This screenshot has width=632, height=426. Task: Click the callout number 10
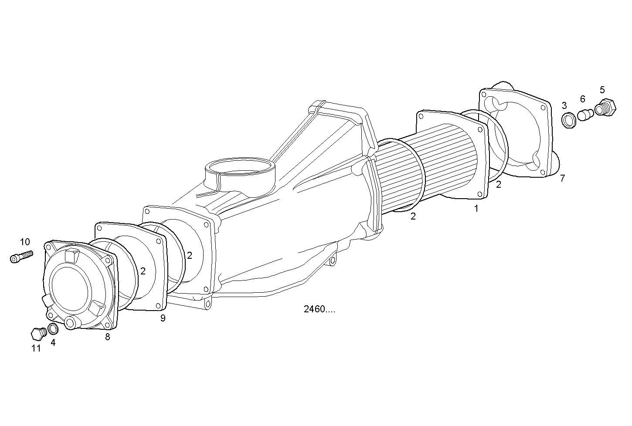pos(25,242)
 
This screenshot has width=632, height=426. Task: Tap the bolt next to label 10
pos(21,256)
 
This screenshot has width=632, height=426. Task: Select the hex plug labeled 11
pos(37,334)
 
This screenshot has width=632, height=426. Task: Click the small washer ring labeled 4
pos(53,328)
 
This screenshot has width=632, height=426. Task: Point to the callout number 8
pos(107,336)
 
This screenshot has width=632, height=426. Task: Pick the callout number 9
pos(163,318)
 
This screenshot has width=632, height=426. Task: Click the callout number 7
pos(562,178)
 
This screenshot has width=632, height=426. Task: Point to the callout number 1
pos(476,209)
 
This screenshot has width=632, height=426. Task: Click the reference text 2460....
pos(319,309)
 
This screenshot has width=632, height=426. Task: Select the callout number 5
pos(602,90)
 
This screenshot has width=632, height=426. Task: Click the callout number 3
pos(564,105)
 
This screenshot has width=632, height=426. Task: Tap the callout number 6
pos(582,99)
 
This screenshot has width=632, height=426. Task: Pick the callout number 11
pos(36,348)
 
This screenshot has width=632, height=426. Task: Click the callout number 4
pos(53,342)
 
